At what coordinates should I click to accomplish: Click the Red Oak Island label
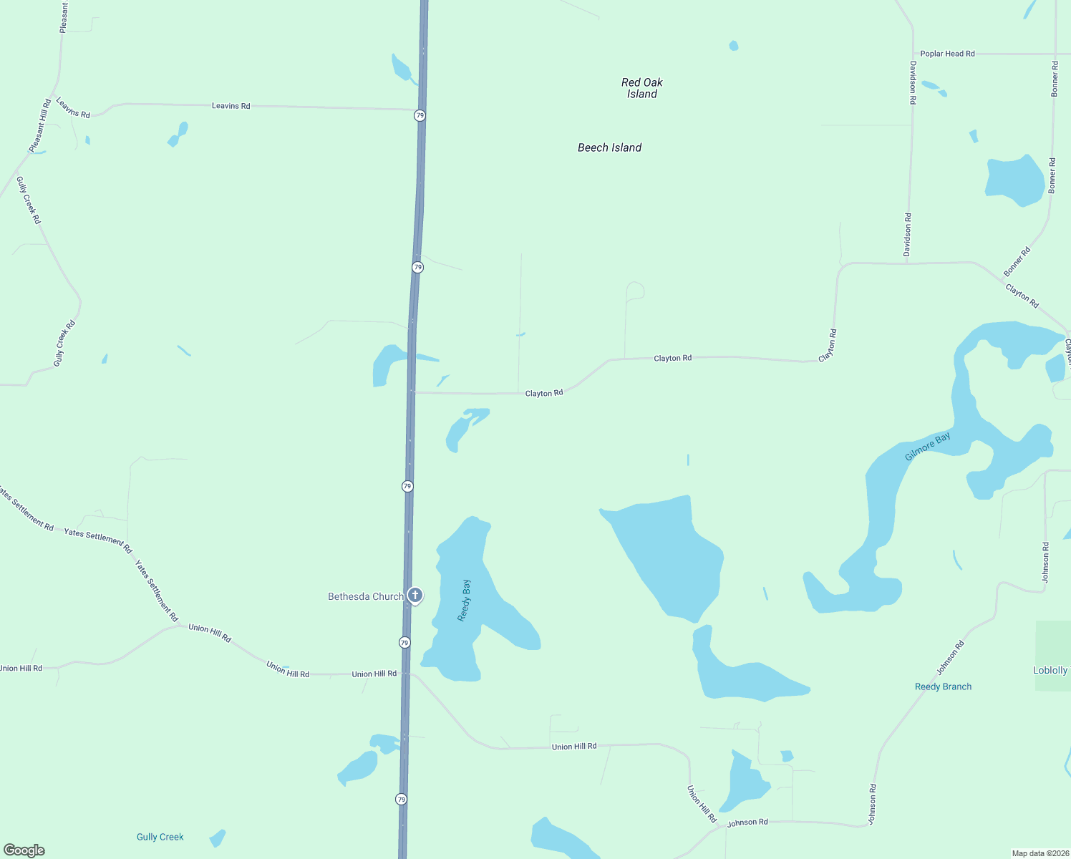[x=642, y=88]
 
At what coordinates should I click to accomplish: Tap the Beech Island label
[x=609, y=147]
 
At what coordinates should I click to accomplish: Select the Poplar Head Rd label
[x=947, y=54]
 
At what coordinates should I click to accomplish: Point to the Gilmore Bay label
[x=927, y=447]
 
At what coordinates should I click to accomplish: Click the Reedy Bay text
[x=465, y=600]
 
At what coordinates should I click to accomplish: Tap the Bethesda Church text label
[x=365, y=596]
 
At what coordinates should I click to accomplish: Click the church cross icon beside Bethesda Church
[x=415, y=595]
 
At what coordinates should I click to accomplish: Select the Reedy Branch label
[x=943, y=686]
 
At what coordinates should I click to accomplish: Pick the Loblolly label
[x=1050, y=671]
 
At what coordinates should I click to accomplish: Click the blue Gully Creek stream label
[x=160, y=837]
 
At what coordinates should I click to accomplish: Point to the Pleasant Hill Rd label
[x=40, y=126]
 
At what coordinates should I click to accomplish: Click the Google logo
[x=24, y=850]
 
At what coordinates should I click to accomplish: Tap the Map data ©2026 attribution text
[x=1039, y=853]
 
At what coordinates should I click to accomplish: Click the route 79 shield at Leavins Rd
[x=420, y=115]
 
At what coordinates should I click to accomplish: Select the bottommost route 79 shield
[x=401, y=799]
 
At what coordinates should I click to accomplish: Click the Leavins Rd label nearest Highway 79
[x=231, y=106]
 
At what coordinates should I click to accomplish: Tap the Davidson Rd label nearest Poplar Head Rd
[x=913, y=83]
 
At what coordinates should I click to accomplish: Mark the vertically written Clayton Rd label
[x=828, y=345]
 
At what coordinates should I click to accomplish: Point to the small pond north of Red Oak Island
[x=733, y=46]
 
